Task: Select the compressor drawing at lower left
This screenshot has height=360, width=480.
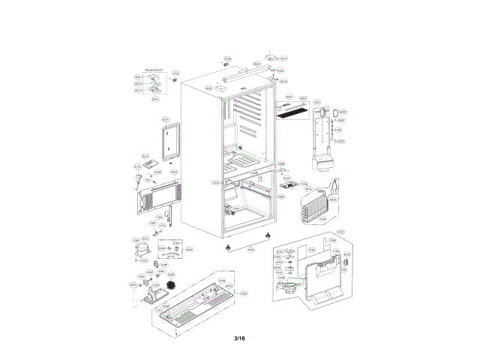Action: coord(141,250)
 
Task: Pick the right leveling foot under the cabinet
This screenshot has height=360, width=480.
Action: coord(267,238)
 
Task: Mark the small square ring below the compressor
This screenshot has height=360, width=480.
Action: coord(156,264)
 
